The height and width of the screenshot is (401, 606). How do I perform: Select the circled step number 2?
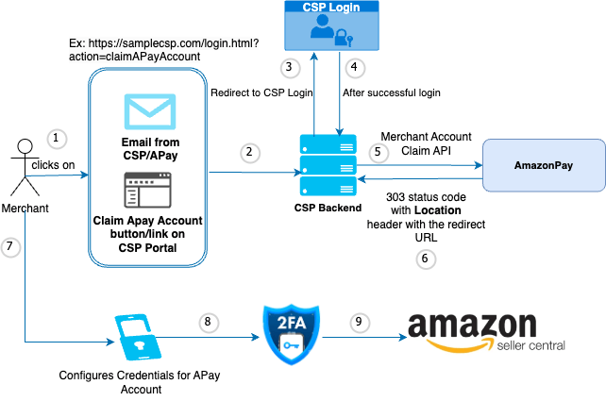[x=248, y=151]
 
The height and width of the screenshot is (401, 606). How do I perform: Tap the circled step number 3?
[x=292, y=67]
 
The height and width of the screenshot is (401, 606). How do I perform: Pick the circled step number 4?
[x=355, y=67]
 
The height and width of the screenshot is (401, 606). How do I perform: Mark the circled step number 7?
[x=10, y=246]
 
